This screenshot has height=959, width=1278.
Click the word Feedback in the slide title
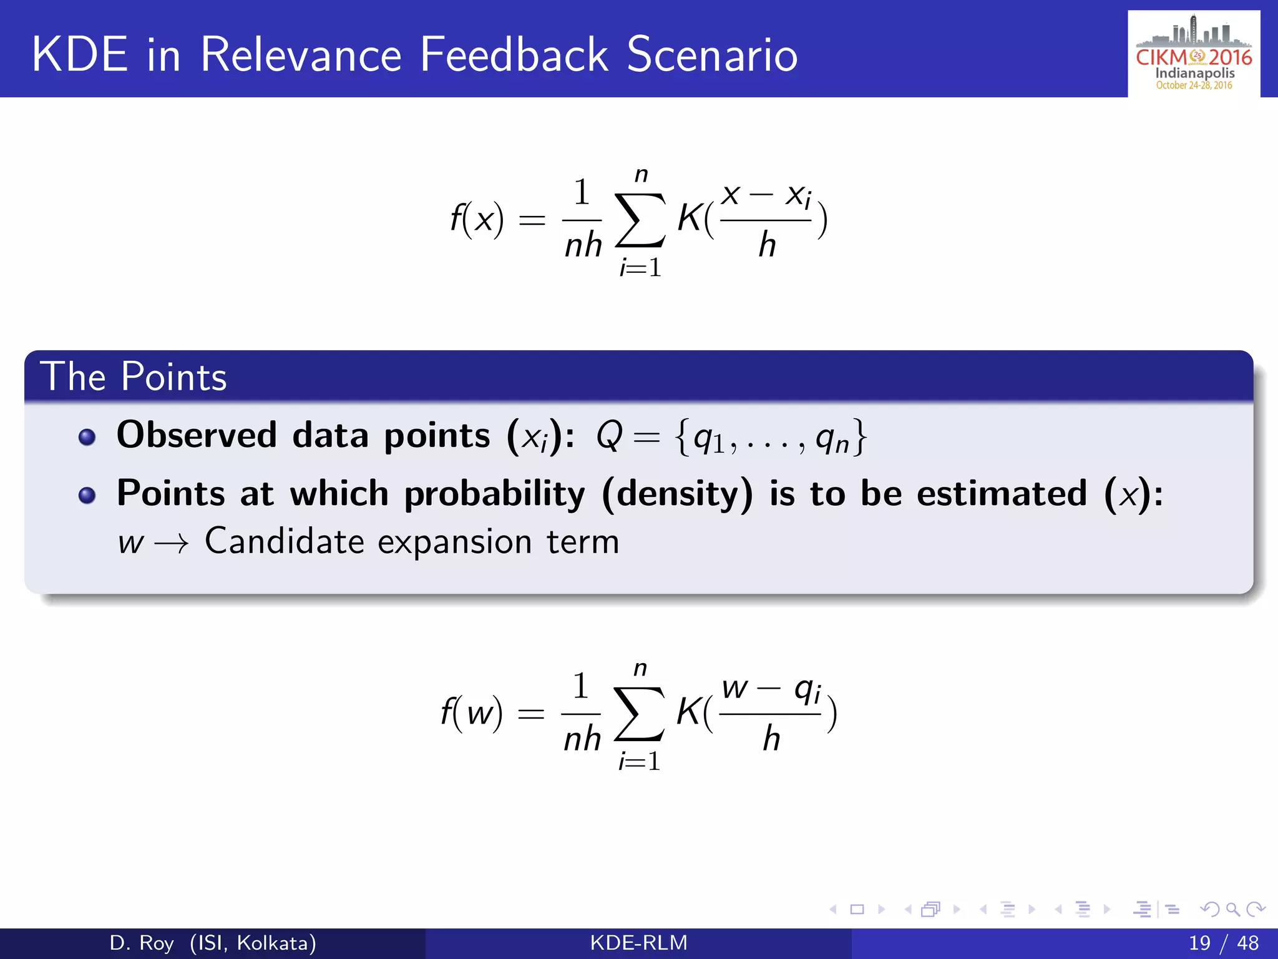point(514,55)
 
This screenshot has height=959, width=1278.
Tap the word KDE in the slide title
point(80,55)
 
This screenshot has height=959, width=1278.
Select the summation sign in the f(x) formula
point(640,220)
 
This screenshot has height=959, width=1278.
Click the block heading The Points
point(134,376)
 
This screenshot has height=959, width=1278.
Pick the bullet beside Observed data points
point(87,437)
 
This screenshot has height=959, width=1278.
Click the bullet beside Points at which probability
point(87,496)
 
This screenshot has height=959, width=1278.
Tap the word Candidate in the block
point(284,541)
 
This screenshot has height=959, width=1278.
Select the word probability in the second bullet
point(495,494)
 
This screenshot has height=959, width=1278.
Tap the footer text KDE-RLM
point(638,943)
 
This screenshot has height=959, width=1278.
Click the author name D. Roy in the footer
point(141,943)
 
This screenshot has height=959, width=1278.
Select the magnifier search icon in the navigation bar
point(1232,909)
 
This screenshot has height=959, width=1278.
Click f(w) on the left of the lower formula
point(471,713)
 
